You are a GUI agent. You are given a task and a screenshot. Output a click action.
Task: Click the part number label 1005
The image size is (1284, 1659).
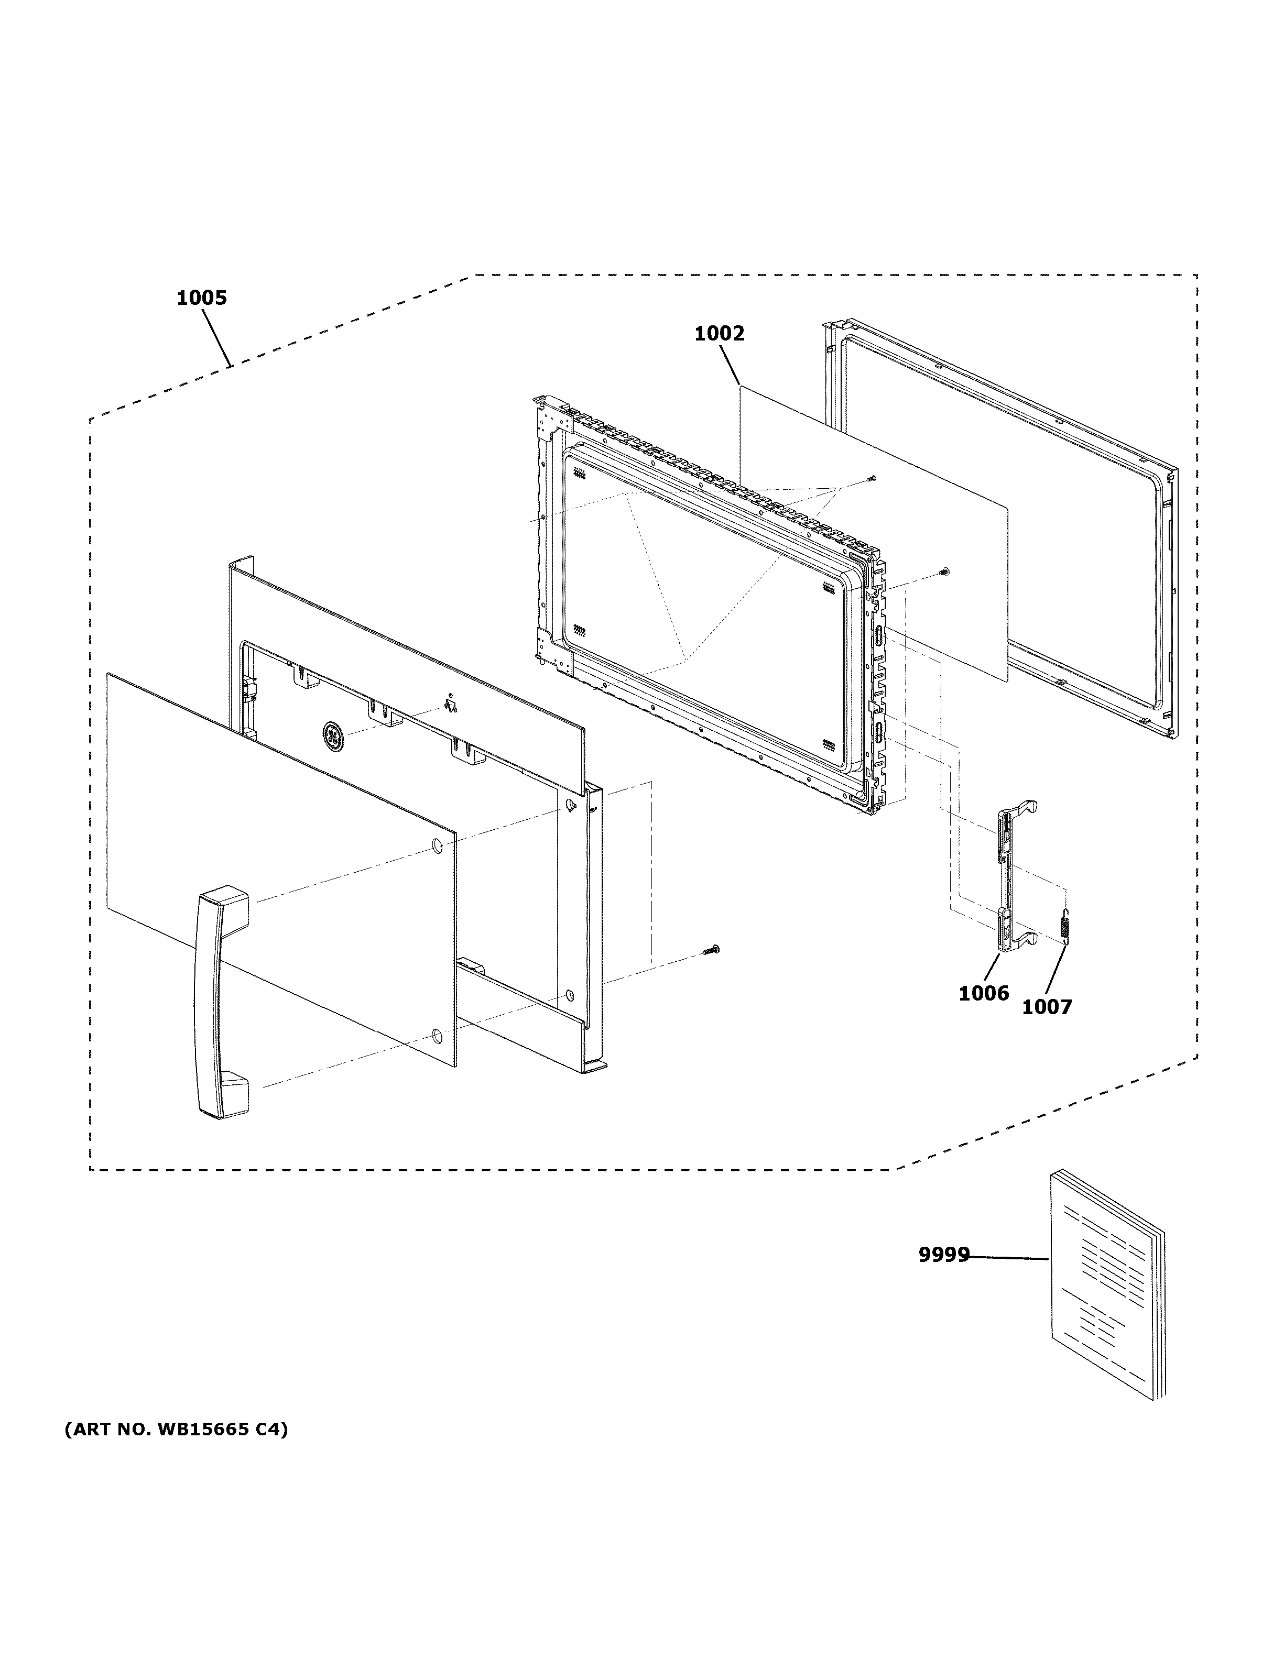[x=201, y=298]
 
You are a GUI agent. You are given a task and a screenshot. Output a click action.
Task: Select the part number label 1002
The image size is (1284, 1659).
[x=719, y=334]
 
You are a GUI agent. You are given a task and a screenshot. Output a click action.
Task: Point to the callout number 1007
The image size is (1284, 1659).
[x=1046, y=1007]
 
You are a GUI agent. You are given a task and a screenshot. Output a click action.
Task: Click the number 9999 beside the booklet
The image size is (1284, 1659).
[x=944, y=1255]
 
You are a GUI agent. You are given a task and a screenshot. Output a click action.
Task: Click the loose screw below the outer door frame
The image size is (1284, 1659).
[x=711, y=950]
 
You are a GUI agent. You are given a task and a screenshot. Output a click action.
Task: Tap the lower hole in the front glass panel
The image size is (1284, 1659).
[x=436, y=1034]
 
